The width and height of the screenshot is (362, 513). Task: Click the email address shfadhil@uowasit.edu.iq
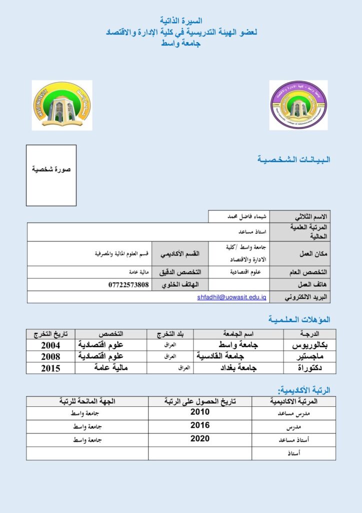[x=232, y=297]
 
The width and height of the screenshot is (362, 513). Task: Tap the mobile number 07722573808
[x=128, y=285]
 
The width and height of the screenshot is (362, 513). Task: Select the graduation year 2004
[x=50, y=345]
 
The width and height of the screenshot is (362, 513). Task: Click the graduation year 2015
[x=50, y=368]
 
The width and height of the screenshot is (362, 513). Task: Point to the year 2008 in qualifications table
[x=50, y=357]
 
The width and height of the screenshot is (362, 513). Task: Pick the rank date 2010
[x=200, y=412]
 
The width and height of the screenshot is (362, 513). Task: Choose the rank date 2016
[x=200, y=426]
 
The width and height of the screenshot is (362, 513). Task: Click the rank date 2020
[x=200, y=439]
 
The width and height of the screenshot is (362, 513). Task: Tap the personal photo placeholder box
[x=51, y=175]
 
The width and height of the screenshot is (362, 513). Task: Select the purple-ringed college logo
[x=298, y=105]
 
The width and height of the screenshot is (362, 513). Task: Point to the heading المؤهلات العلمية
[x=299, y=319]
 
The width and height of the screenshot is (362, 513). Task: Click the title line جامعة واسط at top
[x=180, y=44]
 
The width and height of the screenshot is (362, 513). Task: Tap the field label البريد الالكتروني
[x=306, y=297]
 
